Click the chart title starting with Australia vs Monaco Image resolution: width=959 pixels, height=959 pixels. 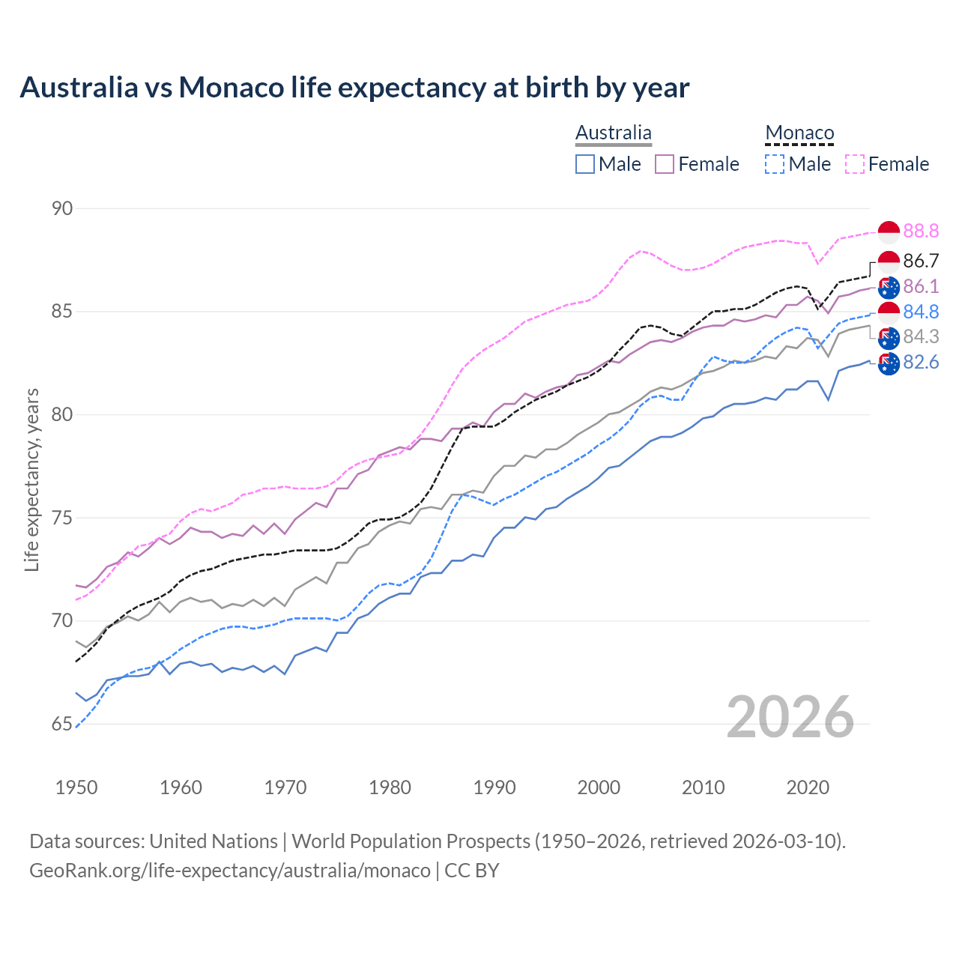[x=354, y=88]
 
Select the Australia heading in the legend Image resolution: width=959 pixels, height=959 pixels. [x=613, y=133]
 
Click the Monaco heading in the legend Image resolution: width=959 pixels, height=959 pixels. [x=799, y=133]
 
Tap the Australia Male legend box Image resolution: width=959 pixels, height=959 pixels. [x=585, y=164]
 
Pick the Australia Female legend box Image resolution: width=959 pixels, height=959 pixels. [x=665, y=164]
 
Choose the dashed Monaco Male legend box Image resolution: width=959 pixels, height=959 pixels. [x=775, y=164]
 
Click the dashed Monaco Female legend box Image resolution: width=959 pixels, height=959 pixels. [x=855, y=164]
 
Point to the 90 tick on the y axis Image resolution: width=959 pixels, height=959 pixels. [x=62, y=208]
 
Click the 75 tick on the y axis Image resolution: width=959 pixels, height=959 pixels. [x=62, y=518]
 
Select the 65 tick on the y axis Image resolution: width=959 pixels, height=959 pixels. [x=62, y=724]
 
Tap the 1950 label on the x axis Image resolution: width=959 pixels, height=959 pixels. [x=76, y=787]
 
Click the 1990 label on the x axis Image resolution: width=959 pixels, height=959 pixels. [x=494, y=787]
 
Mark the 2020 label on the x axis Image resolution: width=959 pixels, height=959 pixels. [x=808, y=787]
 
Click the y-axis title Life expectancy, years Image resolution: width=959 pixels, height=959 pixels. [x=31, y=479]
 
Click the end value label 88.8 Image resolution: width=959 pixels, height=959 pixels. [x=921, y=232]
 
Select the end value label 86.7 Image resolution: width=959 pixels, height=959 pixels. [x=921, y=261]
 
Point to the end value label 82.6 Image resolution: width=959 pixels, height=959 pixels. [x=921, y=363]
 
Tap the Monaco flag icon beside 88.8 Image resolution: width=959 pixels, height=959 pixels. [x=889, y=232]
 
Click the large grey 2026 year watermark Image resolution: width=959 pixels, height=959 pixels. [x=790, y=717]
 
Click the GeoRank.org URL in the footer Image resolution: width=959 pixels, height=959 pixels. [x=230, y=871]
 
